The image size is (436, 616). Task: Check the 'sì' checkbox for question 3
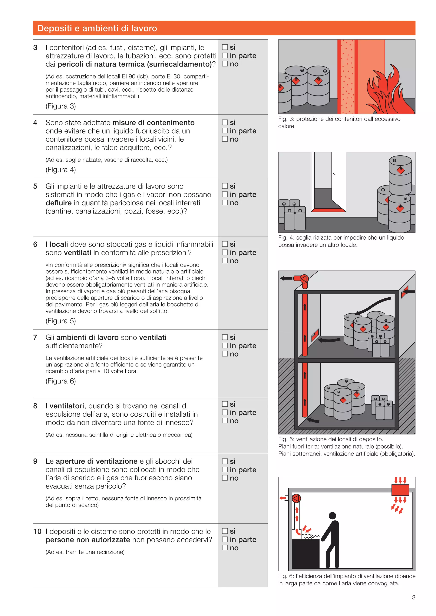pyautogui.click(x=225, y=47)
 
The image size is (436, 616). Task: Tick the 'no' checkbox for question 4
pyautogui.click(x=225, y=139)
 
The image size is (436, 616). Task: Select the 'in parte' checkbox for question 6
pyautogui.click(x=225, y=253)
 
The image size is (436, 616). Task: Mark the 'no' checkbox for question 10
pyautogui.click(x=225, y=548)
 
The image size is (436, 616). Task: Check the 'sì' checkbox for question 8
pyautogui.click(x=225, y=404)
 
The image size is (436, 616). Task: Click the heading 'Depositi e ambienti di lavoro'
pyautogui.click(x=97, y=28)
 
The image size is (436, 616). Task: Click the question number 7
pyautogui.click(x=35, y=338)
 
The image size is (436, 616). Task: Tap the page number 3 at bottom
pyautogui.click(x=413, y=597)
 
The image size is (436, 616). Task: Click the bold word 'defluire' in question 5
pyautogui.click(x=59, y=203)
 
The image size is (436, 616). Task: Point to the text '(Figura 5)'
pyautogui.click(x=61, y=321)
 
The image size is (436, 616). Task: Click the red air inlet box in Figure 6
pyautogui.click(x=400, y=490)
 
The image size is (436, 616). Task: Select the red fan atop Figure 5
pyautogui.click(x=304, y=279)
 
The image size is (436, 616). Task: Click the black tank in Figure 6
pyautogui.click(x=305, y=553)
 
